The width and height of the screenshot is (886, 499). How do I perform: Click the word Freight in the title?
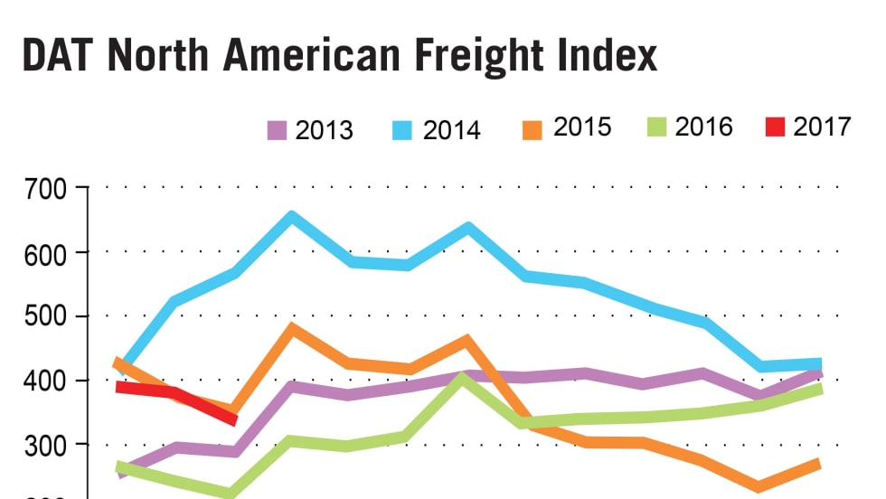(x=488, y=56)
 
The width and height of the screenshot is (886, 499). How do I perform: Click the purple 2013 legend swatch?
(x=278, y=130)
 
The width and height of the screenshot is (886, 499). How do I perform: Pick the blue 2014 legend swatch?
(x=403, y=130)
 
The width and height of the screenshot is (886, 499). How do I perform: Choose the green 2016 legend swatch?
(x=655, y=127)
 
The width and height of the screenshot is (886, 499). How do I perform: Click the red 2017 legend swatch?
(x=775, y=127)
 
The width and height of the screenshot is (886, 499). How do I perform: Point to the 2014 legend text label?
(x=451, y=130)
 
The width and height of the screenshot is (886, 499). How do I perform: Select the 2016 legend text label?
(x=703, y=127)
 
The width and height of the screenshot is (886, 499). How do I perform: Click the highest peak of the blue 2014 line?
(x=291, y=216)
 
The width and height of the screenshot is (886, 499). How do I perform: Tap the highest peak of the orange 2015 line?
(x=291, y=327)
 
